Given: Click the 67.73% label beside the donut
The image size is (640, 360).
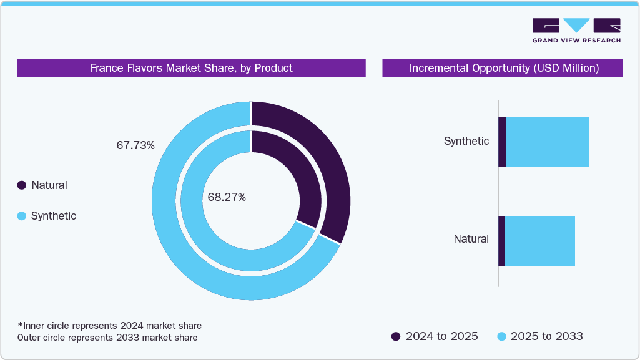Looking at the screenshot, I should (x=135, y=145).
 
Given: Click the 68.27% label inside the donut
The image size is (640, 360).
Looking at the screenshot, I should (x=227, y=197).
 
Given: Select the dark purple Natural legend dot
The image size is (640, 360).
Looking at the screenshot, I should (x=22, y=185).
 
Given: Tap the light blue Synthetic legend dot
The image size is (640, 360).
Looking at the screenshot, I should (x=22, y=216).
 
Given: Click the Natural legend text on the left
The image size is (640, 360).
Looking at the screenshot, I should (x=49, y=185).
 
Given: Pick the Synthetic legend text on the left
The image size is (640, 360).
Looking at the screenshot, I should (x=54, y=216).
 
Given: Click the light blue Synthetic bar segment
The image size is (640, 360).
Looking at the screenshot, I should (x=547, y=142).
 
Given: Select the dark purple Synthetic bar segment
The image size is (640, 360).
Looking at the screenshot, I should (x=502, y=142).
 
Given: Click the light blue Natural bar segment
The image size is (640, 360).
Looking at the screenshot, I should (x=539, y=241).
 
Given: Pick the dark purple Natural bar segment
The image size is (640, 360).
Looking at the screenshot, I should (x=501, y=241).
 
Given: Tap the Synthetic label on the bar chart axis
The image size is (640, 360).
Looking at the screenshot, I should (x=466, y=141).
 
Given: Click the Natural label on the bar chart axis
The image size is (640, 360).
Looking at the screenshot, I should (x=471, y=239).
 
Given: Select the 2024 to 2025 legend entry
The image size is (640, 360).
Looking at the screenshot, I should (x=435, y=336).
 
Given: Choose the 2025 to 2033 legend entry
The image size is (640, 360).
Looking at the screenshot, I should (x=539, y=336).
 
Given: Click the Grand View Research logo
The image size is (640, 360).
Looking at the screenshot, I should (x=576, y=30).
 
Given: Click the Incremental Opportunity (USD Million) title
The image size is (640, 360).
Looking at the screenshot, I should (x=503, y=68).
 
